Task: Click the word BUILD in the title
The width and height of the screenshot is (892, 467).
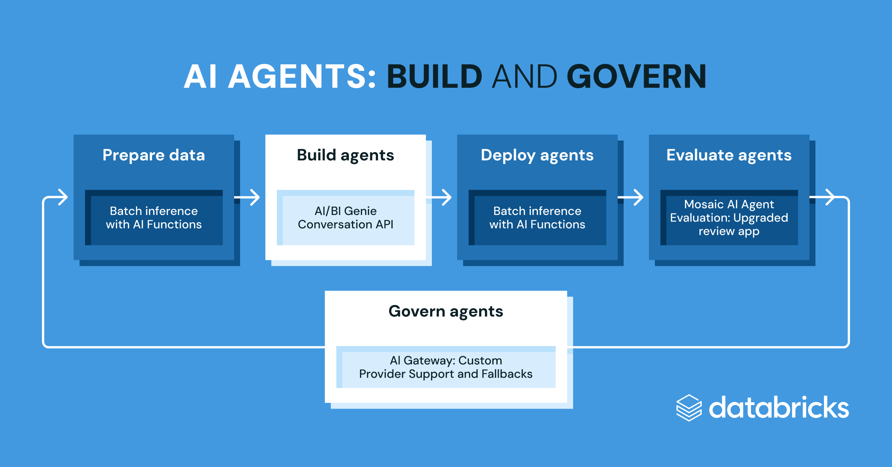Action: click(x=434, y=77)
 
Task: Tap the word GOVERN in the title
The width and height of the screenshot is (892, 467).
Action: click(x=636, y=77)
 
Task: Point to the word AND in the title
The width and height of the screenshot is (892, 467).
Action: click(x=524, y=77)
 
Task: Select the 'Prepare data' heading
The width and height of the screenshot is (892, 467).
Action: click(x=153, y=155)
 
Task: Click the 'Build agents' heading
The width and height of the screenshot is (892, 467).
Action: click(x=345, y=155)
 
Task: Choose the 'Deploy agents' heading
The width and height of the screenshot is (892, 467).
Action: click(x=537, y=155)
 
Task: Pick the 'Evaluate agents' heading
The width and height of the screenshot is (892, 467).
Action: click(x=729, y=155)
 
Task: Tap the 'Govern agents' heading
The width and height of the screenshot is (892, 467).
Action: click(x=446, y=311)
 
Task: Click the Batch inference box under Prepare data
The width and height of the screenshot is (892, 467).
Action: click(x=154, y=218)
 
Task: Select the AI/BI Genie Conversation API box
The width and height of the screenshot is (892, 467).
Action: click(x=346, y=218)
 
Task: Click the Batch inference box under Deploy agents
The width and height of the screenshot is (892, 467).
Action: click(x=537, y=218)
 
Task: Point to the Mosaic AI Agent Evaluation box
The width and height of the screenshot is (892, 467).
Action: click(x=729, y=218)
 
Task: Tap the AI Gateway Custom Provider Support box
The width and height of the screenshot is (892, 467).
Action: click(x=446, y=367)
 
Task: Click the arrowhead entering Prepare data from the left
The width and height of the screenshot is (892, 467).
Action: click(x=62, y=197)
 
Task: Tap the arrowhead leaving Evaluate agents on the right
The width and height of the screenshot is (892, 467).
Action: click(x=829, y=197)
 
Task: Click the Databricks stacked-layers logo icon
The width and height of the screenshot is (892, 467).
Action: click(x=689, y=408)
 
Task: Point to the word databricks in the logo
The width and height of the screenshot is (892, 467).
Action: click(x=779, y=408)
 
